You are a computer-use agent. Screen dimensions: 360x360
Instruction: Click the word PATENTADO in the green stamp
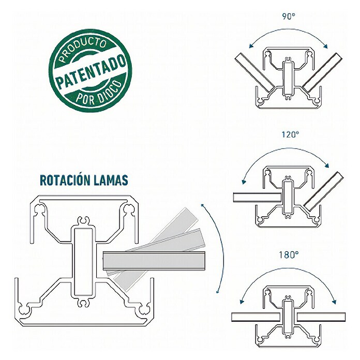91,71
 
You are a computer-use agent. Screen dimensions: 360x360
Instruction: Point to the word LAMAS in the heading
108,180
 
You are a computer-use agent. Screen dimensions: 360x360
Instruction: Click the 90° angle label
289,16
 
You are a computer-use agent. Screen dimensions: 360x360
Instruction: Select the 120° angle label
291,134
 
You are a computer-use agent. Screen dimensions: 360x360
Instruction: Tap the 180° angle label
289,255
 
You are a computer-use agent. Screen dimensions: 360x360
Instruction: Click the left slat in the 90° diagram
254,72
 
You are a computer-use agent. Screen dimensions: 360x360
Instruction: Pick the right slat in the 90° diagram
322,72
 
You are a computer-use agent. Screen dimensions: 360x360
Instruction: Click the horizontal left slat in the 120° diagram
257,197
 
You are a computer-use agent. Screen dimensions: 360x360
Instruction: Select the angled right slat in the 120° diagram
323,191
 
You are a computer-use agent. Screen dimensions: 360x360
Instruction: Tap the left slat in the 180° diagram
256,317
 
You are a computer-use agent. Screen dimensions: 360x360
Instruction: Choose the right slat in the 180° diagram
321,317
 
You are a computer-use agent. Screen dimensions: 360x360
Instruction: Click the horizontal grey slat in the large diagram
154,261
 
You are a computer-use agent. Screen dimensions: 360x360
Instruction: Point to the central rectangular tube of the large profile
83,261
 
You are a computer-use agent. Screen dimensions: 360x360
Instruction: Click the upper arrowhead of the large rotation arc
203,205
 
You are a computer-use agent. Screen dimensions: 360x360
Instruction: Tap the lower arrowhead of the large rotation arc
217,291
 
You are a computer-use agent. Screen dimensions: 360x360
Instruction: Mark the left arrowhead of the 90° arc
252,46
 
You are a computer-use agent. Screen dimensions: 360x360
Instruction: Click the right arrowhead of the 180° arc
334,301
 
